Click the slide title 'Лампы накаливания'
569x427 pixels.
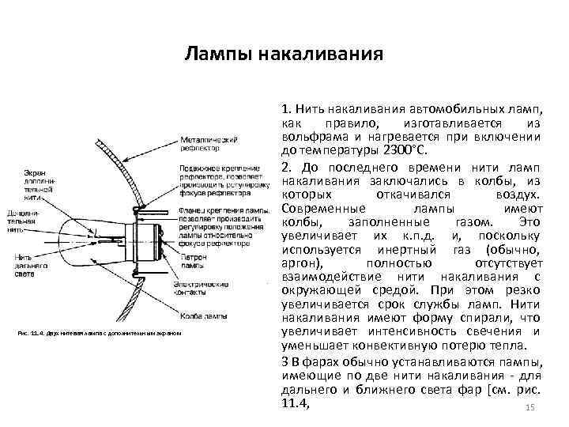(284, 55)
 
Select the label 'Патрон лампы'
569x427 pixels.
(194, 261)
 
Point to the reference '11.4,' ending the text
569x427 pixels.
(295, 402)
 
